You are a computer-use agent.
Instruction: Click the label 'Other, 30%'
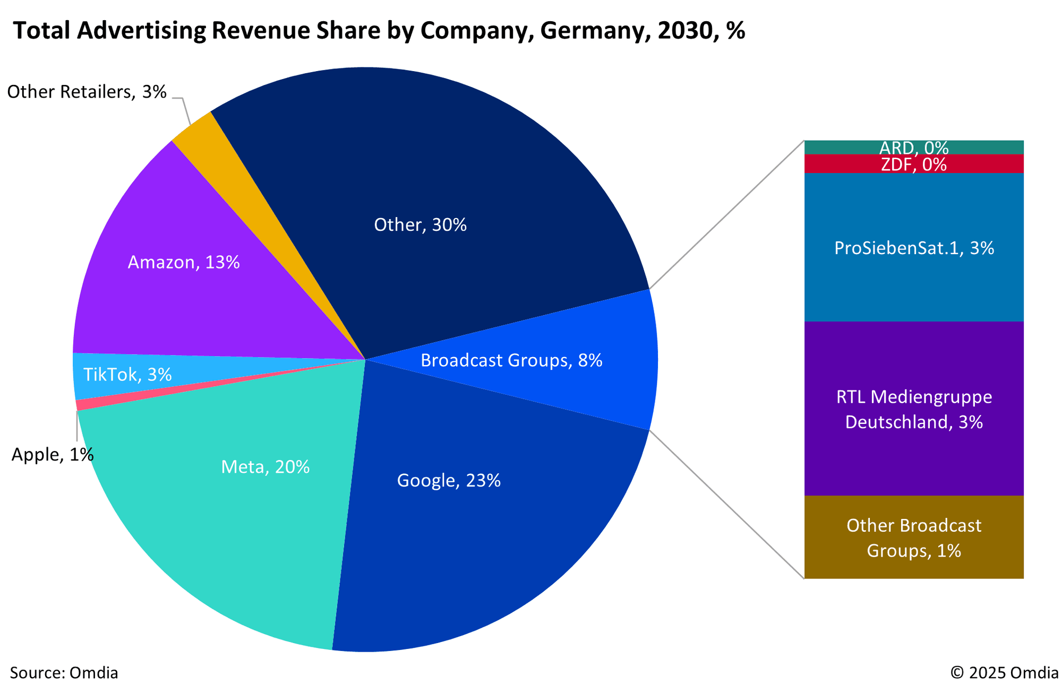420,225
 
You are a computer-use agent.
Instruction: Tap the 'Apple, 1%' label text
53,455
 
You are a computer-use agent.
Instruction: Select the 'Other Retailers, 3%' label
87,92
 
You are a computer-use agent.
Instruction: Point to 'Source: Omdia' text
64,673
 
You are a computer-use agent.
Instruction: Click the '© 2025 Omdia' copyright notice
1004,673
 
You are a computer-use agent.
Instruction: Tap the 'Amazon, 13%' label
184,263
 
